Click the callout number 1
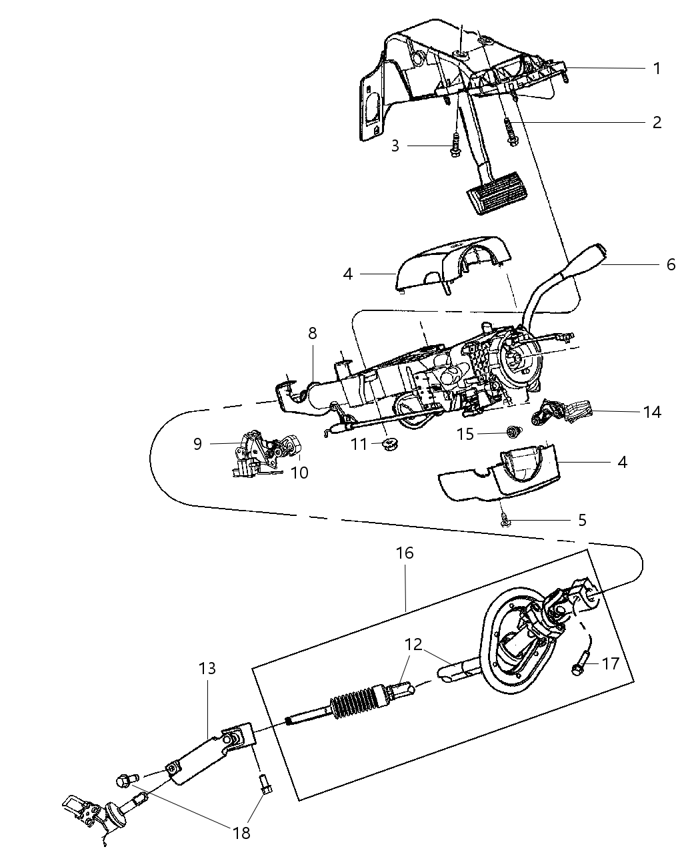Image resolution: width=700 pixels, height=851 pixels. click(x=657, y=68)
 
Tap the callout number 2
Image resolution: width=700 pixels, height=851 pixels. click(x=657, y=122)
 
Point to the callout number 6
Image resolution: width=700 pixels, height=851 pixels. click(x=671, y=264)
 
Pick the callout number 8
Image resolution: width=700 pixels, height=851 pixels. click(x=312, y=333)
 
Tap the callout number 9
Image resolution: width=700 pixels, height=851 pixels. click(x=197, y=443)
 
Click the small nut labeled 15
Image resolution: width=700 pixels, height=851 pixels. click(x=513, y=433)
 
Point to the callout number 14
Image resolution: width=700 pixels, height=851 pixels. click(x=652, y=412)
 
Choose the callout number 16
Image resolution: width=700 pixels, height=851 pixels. click(x=405, y=553)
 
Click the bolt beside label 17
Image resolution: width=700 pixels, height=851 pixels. click(x=577, y=667)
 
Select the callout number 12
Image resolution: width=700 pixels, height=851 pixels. click(x=413, y=645)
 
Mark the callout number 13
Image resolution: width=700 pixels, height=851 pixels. click(x=207, y=668)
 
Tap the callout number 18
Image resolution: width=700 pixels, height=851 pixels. click(x=241, y=832)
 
